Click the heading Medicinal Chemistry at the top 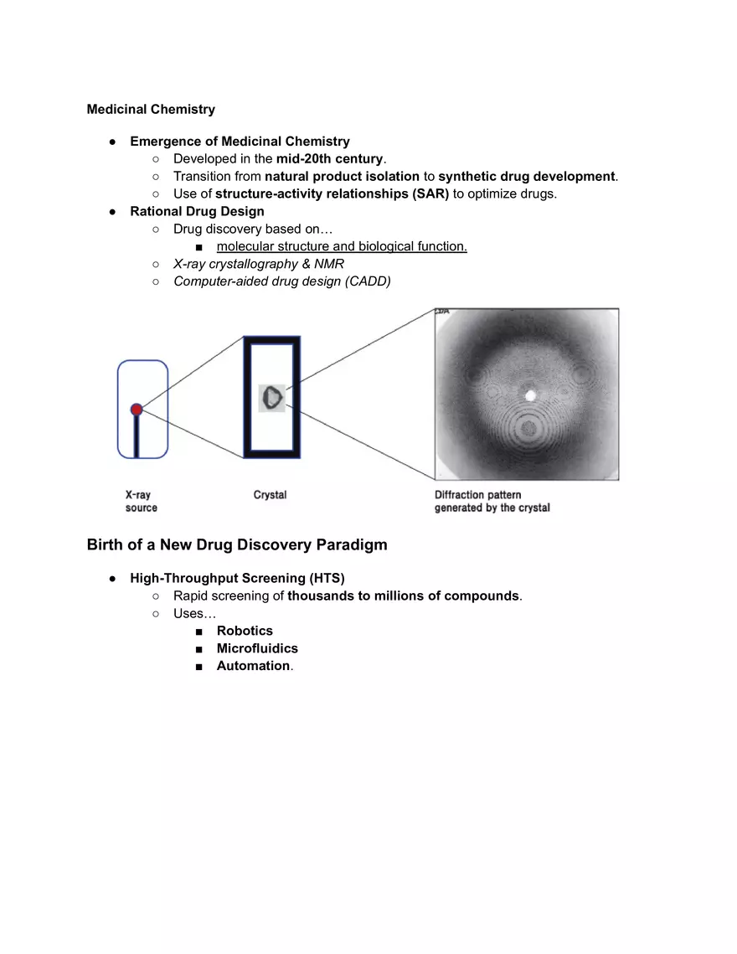pyautogui.click(x=151, y=110)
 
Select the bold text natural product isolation pyautogui.click(x=343, y=177)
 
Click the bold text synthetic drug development pyautogui.click(x=527, y=177)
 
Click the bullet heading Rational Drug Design pyautogui.click(x=197, y=212)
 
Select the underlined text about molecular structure pyautogui.click(x=342, y=247)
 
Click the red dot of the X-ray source pyautogui.click(x=137, y=410)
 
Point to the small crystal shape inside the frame pyautogui.click(x=272, y=397)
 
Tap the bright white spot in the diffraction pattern pyautogui.click(x=529, y=393)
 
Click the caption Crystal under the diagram pyautogui.click(x=270, y=496)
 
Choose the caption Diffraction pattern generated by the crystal pyautogui.click(x=492, y=502)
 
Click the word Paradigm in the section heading pyautogui.click(x=352, y=545)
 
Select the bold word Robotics pyautogui.click(x=245, y=632)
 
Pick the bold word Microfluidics pyautogui.click(x=257, y=649)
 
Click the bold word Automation pyautogui.click(x=253, y=667)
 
